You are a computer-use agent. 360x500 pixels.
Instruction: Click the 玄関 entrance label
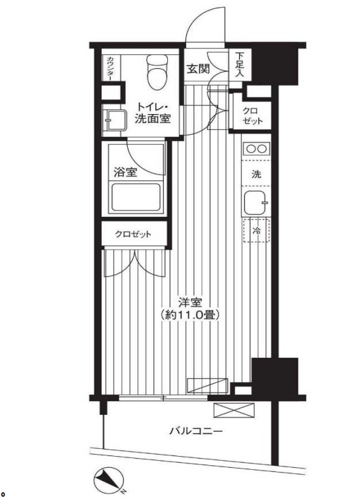pyautogui.click(x=198, y=69)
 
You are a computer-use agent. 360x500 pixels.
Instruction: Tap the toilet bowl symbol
pyautogui.click(x=157, y=72)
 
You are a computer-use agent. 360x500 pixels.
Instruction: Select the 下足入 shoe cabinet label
pyautogui.click(x=240, y=65)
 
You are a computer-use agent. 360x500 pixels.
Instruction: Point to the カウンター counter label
pyautogui.click(x=110, y=68)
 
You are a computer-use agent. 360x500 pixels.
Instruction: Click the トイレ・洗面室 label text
pyautogui.click(x=153, y=113)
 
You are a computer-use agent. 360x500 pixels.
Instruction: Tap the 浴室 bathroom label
pyautogui.click(x=126, y=172)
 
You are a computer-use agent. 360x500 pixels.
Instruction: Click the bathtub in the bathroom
pyautogui.click(x=136, y=198)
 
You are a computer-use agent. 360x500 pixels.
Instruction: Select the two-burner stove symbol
pyautogui.click(x=256, y=149)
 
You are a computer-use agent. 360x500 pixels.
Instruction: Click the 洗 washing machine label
pyautogui.click(x=256, y=174)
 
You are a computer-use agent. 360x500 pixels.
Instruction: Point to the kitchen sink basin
pyautogui.click(x=256, y=203)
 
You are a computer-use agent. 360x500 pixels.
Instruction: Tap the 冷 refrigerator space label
pyautogui.click(x=256, y=230)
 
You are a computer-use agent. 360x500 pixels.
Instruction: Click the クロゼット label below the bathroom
pyautogui.click(x=133, y=235)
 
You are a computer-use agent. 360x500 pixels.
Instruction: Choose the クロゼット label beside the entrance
pyautogui.click(x=252, y=116)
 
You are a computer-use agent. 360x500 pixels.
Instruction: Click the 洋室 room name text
pyautogui.click(x=190, y=302)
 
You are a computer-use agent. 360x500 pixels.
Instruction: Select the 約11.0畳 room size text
pyautogui.click(x=191, y=316)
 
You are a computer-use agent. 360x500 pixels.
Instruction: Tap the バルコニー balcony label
pyautogui.click(x=195, y=432)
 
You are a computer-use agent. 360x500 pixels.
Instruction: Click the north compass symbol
pyautogui.click(x=109, y=479)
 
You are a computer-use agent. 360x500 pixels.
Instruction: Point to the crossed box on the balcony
pyautogui.click(x=234, y=410)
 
